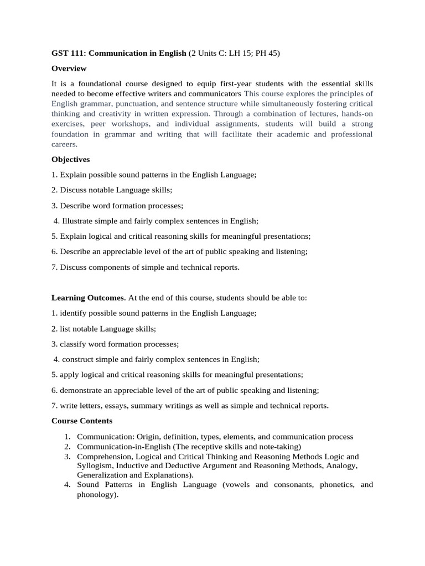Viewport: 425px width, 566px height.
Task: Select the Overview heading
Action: (x=69, y=69)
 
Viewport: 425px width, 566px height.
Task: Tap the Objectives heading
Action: (x=71, y=159)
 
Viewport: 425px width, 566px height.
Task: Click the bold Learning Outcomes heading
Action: (x=89, y=298)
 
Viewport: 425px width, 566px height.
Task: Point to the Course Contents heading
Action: (x=82, y=421)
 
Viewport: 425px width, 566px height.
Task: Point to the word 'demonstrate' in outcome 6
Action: (x=82, y=390)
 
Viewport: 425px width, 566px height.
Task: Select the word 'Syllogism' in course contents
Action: (x=95, y=466)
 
